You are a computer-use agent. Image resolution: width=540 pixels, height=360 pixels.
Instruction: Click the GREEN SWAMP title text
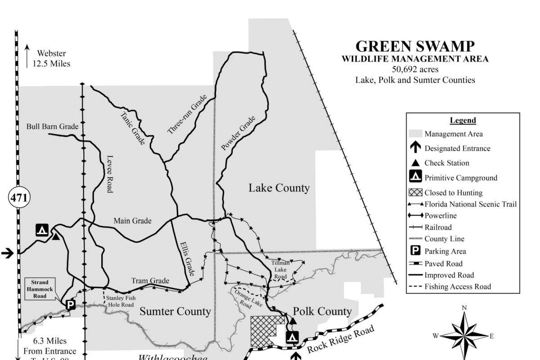(415, 46)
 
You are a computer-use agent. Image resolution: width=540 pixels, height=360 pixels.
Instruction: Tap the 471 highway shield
(19, 197)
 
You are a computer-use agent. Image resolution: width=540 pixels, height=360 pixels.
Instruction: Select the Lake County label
(279, 188)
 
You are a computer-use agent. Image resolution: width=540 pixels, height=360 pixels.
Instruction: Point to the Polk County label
(322, 311)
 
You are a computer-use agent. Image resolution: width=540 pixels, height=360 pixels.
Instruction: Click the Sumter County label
(175, 311)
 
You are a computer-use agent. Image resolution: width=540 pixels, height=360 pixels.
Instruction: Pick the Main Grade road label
(132, 220)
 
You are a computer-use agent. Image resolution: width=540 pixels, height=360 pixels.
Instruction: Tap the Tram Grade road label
(150, 281)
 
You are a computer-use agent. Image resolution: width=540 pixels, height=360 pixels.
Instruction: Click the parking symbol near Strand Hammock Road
(70, 305)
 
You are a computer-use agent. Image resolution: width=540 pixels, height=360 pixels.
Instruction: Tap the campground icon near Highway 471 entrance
(42, 230)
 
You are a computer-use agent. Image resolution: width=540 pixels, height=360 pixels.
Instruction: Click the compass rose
(464, 335)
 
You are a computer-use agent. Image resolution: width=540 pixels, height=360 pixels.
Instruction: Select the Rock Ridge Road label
(341, 341)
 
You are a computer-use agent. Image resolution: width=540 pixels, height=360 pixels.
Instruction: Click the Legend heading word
(463, 120)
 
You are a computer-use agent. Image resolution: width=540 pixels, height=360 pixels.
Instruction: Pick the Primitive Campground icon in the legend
(416, 177)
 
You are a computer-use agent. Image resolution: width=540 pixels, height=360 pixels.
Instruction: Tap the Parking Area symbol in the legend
(416, 251)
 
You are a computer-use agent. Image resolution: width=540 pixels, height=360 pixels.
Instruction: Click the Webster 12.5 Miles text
(51, 58)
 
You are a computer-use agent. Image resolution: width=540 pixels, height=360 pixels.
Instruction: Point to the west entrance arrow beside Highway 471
(7, 253)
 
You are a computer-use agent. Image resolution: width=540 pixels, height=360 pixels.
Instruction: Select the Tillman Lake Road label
(280, 269)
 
